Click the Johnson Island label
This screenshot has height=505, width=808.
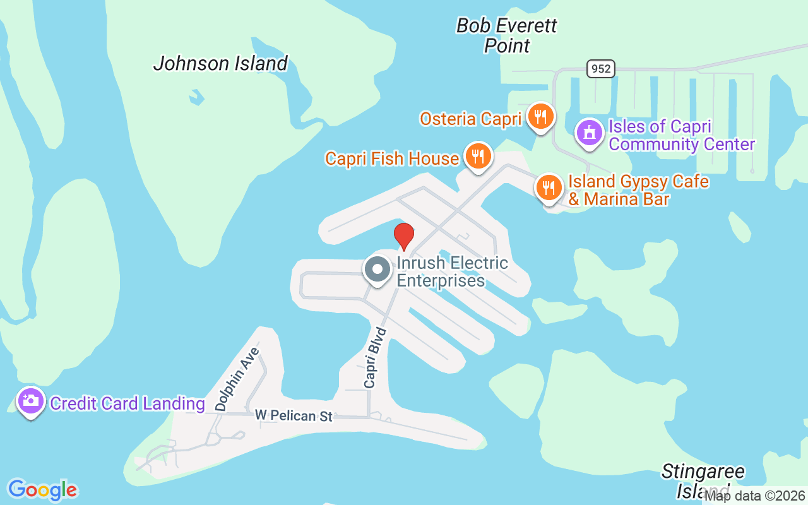point(220,64)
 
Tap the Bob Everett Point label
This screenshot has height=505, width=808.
point(507,35)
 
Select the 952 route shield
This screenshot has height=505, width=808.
point(600,69)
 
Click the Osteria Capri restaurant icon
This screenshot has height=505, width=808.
point(540,117)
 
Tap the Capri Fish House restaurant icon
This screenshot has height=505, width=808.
point(478,156)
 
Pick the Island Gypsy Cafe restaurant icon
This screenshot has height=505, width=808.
point(549,187)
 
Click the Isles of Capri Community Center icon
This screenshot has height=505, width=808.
point(590,133)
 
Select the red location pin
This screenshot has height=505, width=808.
point(404,236)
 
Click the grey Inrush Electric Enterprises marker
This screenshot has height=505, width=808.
point(377,270)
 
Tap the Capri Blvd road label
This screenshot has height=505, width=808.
point(374,357)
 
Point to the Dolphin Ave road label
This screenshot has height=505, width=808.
point(237,379)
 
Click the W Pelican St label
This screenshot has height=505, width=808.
point(294,416)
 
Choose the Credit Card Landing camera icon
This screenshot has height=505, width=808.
point(30,400)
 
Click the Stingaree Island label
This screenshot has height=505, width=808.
point(703,480)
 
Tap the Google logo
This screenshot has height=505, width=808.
point(42,490)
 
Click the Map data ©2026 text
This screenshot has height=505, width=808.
point(755,496)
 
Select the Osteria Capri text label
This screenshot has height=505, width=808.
point(471,119)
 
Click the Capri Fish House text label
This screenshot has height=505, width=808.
point(392,158)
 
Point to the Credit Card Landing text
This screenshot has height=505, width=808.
point(128,403)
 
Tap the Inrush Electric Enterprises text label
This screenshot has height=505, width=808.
point(452,271)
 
